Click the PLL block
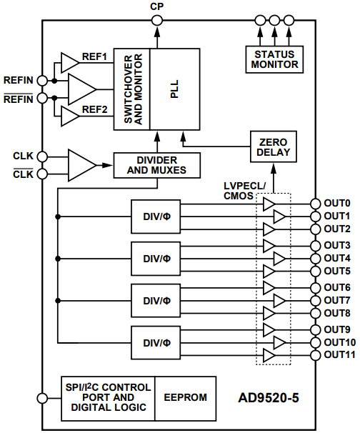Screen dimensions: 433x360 point(174,89)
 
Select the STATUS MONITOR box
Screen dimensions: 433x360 point(273,59)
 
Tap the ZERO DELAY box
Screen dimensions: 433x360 point(273,148)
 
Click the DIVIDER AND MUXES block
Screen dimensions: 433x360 point(156,164)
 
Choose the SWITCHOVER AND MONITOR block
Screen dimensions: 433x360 point(132,89)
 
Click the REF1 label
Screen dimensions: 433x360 point(94,57)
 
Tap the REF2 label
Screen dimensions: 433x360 point(94,109)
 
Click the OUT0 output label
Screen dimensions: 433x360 point(337,203)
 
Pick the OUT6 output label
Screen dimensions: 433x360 point(337,287)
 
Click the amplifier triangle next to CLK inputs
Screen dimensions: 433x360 point(81,165)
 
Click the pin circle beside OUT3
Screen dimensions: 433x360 point(315,245)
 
